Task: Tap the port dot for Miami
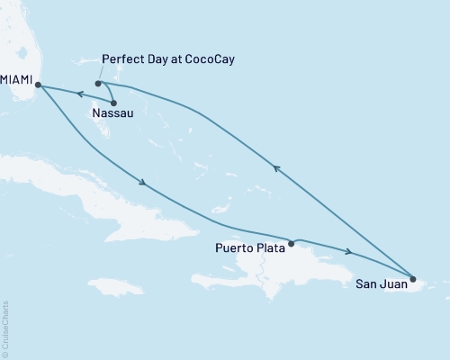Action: (37, 85)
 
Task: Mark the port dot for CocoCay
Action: (98, 84)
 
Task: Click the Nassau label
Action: (109, 114)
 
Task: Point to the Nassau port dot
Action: (113, 103)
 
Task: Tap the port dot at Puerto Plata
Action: (291, 242)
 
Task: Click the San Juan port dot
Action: (412, 277)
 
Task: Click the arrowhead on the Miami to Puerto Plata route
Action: (143, 184)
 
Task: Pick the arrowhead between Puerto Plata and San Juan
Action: (347, 251)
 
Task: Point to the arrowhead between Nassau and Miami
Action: (78, 94)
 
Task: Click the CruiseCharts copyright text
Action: (5, 328)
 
